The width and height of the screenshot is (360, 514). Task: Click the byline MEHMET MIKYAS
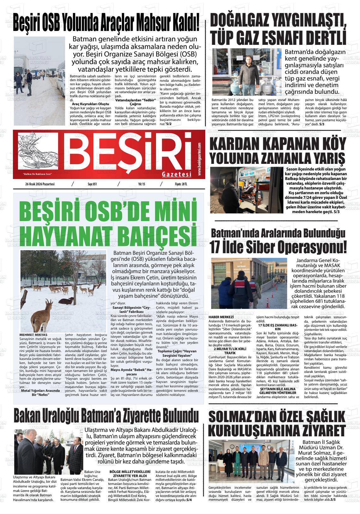[x=33, y=334]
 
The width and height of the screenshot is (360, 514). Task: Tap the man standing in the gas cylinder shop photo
[x=248, y=76]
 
